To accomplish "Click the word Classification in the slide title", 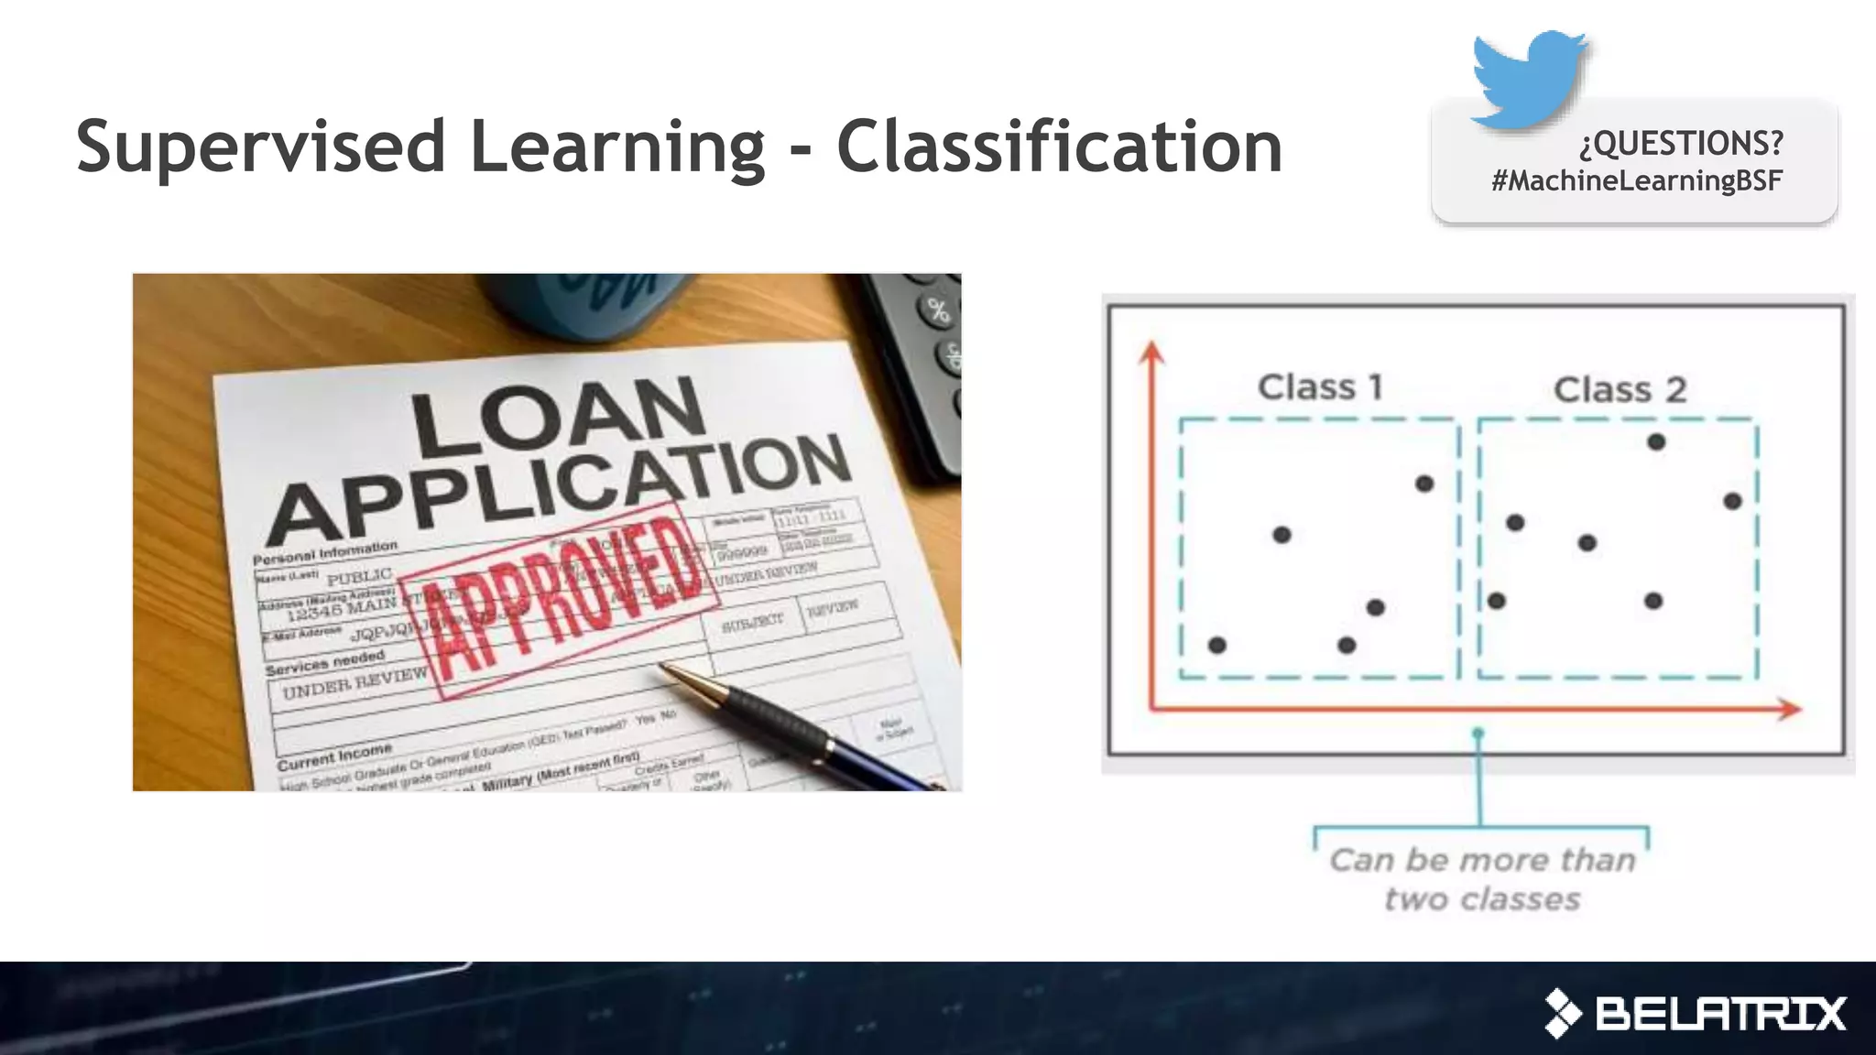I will (x=1059, y=147).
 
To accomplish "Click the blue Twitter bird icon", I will (x=1528, y=79).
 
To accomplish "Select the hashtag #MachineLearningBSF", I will (x=1636, y=180).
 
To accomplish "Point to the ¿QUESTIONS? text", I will (x=1681, y=143).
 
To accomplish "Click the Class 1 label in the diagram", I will (x=1320, y=387).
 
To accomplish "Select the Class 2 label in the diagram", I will (x=1620, y=390).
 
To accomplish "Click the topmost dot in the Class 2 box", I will (x=1656, y=442).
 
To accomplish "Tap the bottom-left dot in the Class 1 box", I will (x=1217, y=646).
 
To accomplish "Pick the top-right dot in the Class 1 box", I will (x=1424, y=484).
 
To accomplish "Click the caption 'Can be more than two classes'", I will (x=1482, y=879).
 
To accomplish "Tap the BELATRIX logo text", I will (x=1720, y=1014).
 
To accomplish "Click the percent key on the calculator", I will (x=938, y=310).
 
